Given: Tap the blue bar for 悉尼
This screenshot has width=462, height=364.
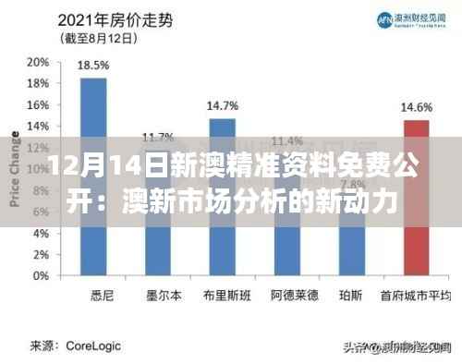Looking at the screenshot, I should [92, 176].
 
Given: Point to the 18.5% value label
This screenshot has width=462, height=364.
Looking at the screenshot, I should [93, 66].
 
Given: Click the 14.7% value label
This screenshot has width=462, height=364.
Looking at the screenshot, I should [222, 105].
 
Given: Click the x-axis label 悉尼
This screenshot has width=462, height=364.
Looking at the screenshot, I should [93, 296].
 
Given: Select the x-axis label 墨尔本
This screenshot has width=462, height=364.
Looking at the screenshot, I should [157, 296].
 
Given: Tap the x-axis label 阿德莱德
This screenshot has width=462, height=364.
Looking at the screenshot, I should [286, 296].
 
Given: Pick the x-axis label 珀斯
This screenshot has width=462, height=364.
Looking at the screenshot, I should [351, 296].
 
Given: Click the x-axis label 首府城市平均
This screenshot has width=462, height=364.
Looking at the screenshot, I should [420, 296].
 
